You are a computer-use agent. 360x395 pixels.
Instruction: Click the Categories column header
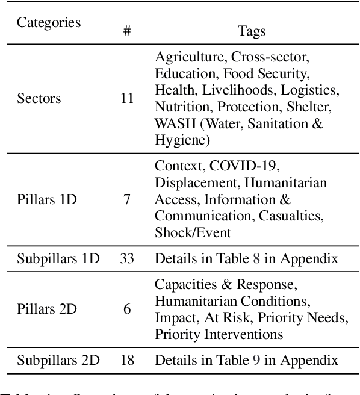49,23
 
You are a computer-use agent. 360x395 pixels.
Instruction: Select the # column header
127,31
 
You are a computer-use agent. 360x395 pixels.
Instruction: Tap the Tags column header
252,31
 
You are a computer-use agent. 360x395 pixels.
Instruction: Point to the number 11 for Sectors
127,98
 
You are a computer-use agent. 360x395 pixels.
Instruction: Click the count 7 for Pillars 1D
127,198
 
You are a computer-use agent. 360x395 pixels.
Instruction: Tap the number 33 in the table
127,258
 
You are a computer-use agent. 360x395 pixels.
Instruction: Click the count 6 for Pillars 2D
127,309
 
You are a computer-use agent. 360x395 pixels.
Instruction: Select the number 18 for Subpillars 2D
127,360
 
